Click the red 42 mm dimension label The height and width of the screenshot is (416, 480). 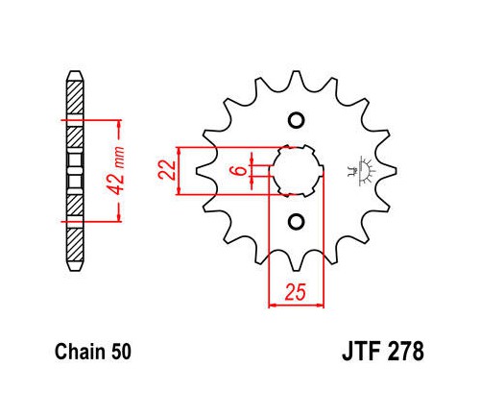(x=115, y=171)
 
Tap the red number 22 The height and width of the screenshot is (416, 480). (x=167, y=170)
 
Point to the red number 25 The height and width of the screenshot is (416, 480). (x=296, y=292)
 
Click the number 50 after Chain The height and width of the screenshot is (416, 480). (x=121, y=352)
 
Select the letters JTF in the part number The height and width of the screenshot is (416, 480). (x=361, y=352)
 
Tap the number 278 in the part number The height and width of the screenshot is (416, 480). (x=406, y=352)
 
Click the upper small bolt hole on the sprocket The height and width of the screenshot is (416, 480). (x=296, y=120)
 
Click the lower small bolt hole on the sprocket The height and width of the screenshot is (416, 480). (x=296, y=222)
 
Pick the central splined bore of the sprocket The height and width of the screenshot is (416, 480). (x=297, y=171)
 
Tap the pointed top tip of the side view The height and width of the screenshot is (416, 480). (x=75, y=71)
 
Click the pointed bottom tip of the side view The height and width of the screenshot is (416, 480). (x=75, y=271)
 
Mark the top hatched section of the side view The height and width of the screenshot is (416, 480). (x=75, y=97)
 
